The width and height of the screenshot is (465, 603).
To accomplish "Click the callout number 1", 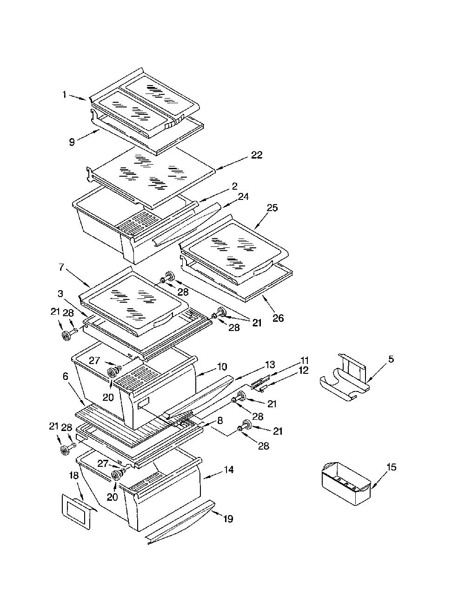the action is coord(64,95).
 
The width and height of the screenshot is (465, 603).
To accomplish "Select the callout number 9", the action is coord(72,142).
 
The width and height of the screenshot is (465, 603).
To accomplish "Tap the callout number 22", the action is coord(257,154).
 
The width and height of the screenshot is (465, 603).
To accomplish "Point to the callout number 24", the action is coord(243,197).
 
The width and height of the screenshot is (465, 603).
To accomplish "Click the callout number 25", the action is coord(272,207).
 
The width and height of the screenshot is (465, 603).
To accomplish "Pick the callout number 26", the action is coord(278,318).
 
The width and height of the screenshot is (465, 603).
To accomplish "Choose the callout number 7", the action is coord(61,267).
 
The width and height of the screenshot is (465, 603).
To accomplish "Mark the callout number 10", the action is coord(222,366).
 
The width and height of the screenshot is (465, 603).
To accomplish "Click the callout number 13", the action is coord(270,364).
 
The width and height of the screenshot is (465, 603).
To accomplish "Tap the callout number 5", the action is coord(391,359).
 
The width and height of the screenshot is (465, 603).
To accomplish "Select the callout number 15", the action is coord(391,467).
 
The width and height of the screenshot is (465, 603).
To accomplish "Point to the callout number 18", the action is coord(74,475).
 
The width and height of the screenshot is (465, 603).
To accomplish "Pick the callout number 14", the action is coord(228,470).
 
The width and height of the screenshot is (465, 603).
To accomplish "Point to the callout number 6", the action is coord(66,376).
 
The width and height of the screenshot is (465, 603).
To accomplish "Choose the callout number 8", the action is coord(220,420).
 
